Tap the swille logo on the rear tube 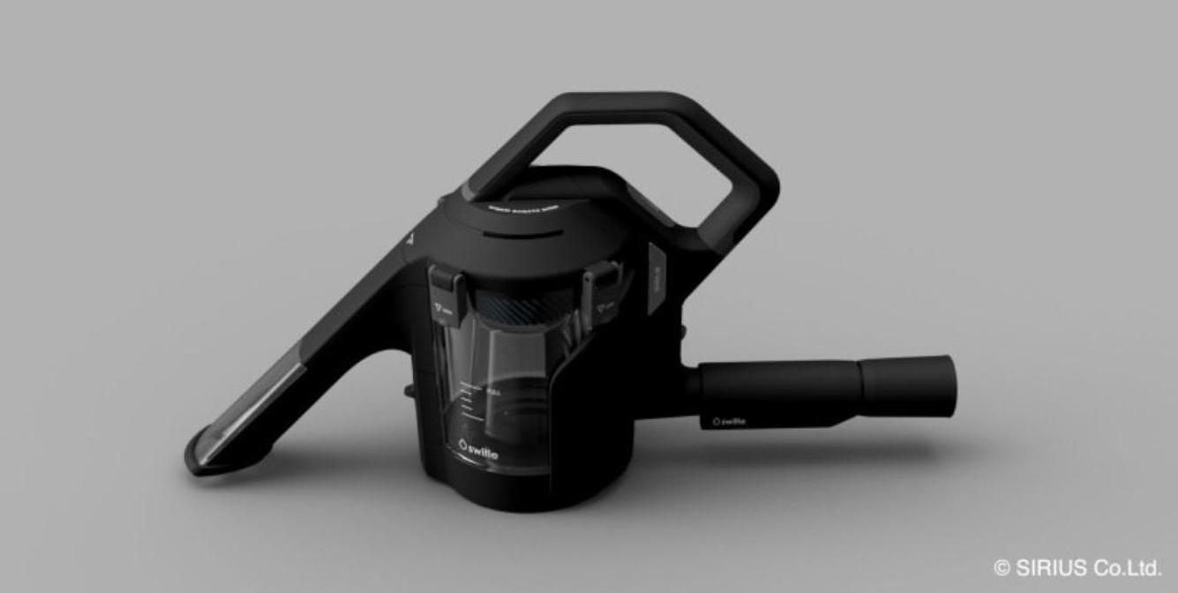pyautogui.click(x=729, y=421)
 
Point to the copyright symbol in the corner pyautogui.click(x=1002, y=567)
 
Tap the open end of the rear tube pyautogui.click(x=946, y=386)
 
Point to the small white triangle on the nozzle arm pyautogui.click(x=409, y=237)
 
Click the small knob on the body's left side pyautogui.click(x=409, y=388)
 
